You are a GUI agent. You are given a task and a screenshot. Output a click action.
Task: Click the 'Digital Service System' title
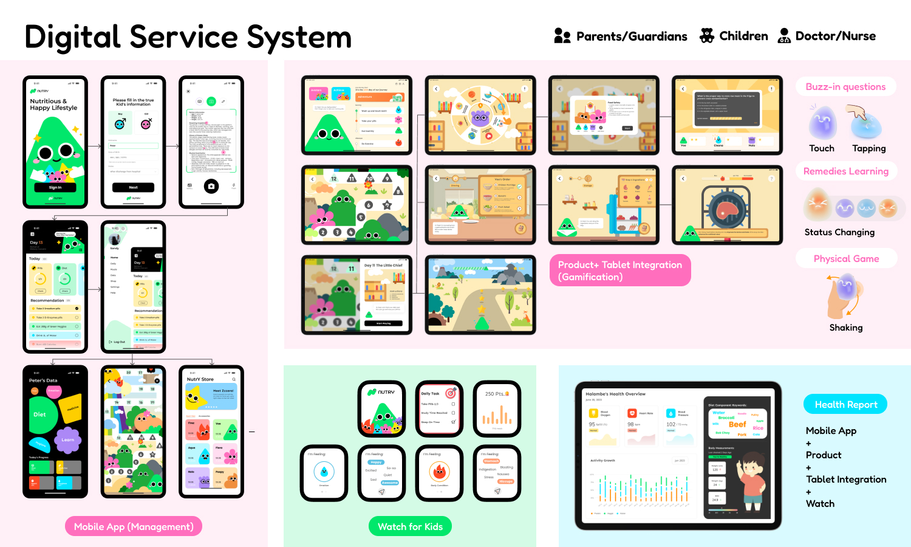click(188, 38)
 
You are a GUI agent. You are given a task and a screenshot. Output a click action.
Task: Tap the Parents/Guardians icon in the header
click(562, 36)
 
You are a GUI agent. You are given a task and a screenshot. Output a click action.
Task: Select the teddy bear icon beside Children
click(706, 36)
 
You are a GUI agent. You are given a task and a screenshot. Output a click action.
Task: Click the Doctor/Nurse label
click(835, 36)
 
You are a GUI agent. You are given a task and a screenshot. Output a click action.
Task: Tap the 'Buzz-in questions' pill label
click(845, 87)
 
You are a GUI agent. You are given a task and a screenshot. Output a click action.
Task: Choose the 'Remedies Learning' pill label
click(845, 171)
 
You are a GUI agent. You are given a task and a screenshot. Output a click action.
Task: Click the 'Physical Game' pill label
click(846, 259)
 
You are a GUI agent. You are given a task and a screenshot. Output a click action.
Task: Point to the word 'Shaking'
click(846, 328)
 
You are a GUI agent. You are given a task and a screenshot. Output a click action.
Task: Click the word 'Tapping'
click(868, 148)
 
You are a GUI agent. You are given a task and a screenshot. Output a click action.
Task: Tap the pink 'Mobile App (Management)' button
click(134, 527)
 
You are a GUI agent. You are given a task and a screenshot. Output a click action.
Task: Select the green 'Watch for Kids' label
click(410, 527)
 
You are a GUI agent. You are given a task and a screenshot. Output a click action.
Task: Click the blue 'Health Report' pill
click(845, 405)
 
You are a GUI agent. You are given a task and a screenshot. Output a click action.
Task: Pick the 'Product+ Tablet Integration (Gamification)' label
click(620, 270)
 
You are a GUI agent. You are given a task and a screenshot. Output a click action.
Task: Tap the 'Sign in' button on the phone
click(55, 187)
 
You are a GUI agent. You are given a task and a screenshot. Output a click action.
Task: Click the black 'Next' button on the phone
click(133, 187)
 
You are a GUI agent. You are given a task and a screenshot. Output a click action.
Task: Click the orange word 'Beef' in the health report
click(737, 424)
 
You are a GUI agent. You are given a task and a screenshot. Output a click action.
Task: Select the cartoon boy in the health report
click(752, 480)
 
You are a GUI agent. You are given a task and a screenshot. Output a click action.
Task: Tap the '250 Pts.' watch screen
click(497, 409)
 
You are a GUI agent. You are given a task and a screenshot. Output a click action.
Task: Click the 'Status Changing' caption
click(839, 232)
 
